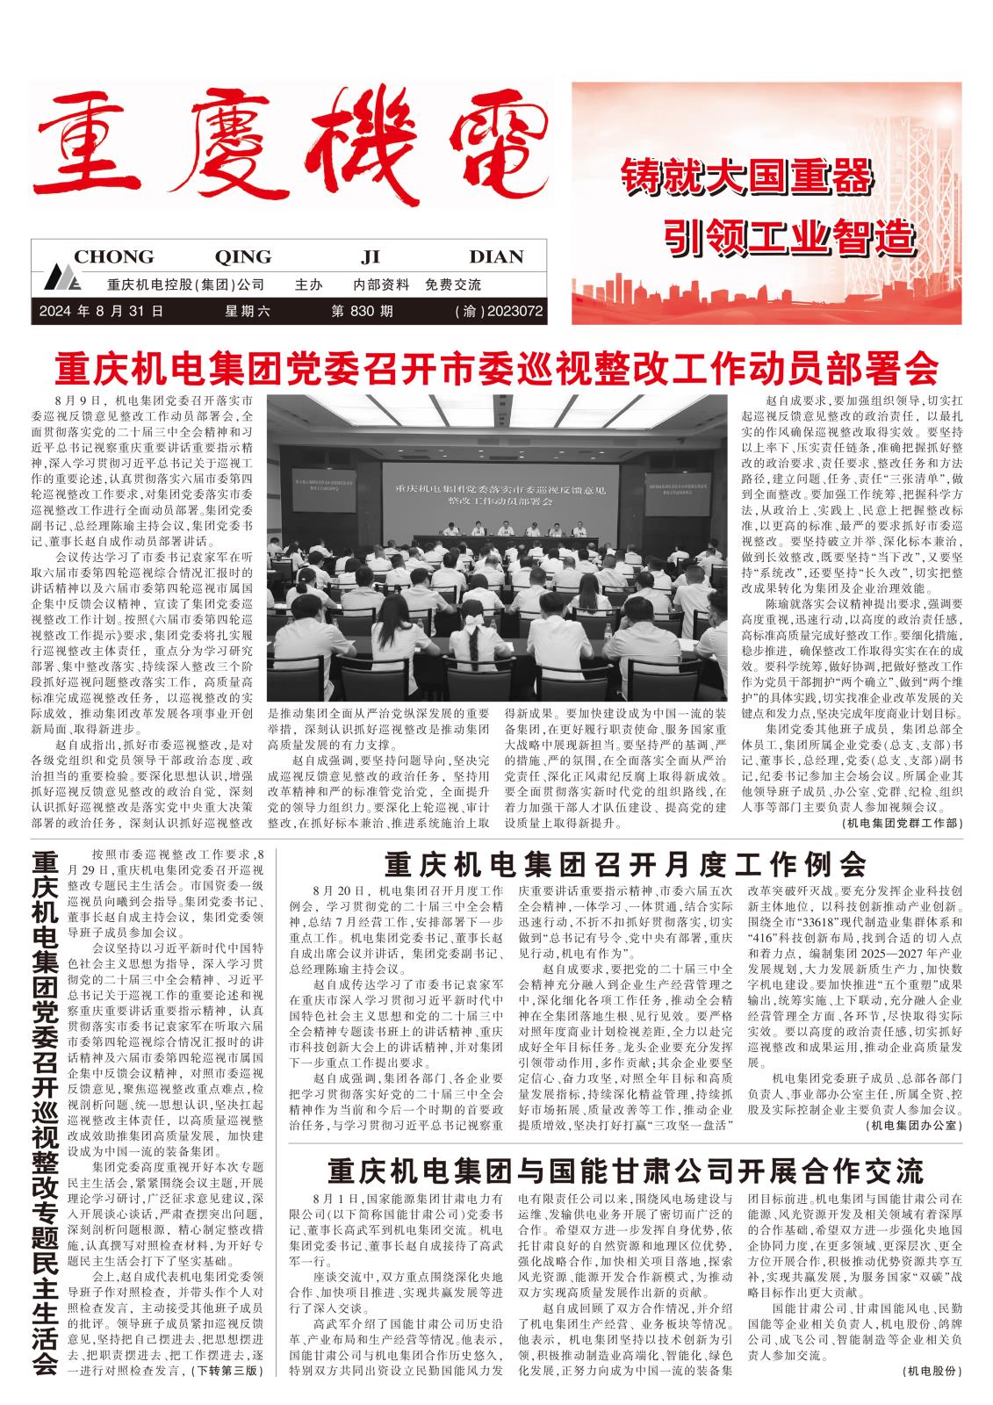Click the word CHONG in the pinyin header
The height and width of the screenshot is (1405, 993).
[x=113, y=257]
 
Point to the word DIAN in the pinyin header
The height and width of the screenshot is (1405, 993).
[x=496, y=257]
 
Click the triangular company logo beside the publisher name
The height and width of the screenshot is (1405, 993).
[x=63, y=280]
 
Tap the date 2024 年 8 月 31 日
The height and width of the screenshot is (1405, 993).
[x=101, y=311]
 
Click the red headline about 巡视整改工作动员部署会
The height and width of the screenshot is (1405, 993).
[x=496, y=368]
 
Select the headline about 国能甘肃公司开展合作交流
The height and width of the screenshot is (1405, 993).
[x=625, y=1171]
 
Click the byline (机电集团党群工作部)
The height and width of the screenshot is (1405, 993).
[x=901, y=823]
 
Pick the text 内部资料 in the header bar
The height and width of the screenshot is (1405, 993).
[x=381, y=285]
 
